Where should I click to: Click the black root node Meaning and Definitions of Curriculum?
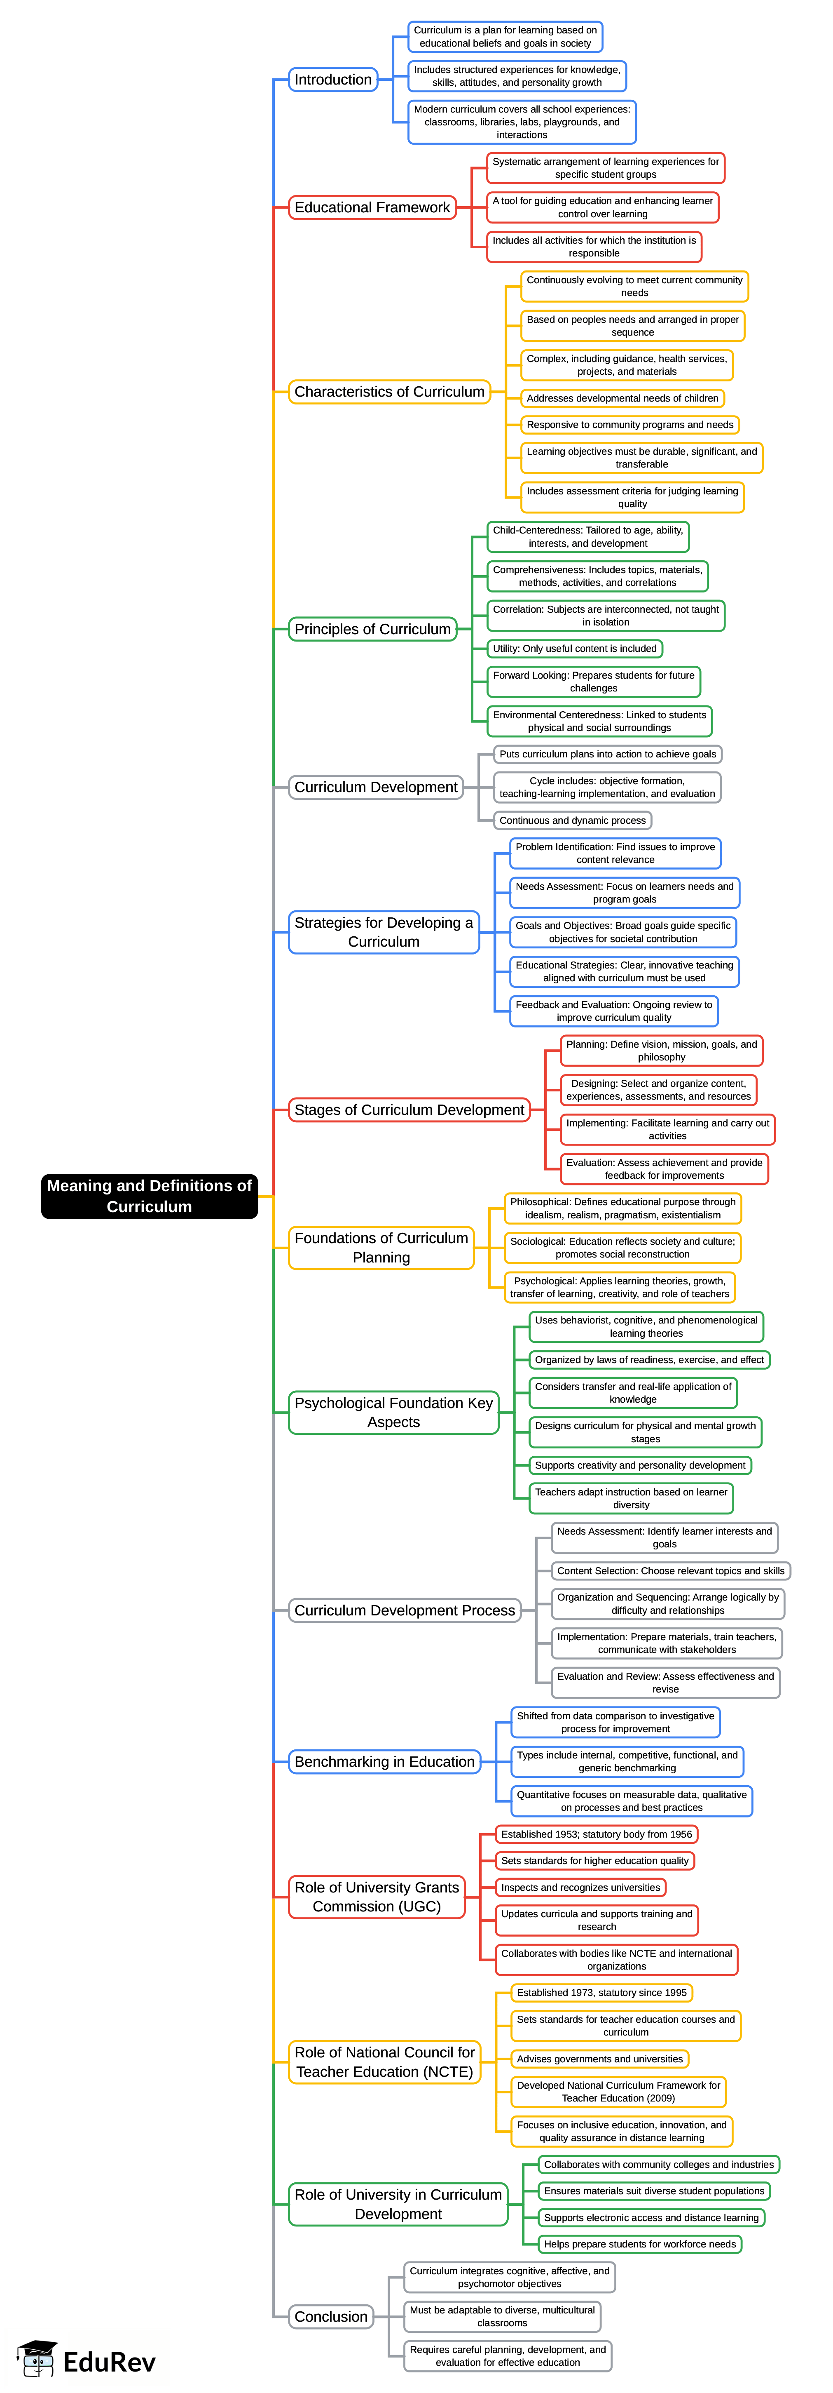tap(149, 1196)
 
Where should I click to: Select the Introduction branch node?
tap(332, 80)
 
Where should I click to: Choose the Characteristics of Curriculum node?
tap(389, 392)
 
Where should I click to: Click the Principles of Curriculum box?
tap(372, 629)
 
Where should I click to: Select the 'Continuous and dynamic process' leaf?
tap(572, 820)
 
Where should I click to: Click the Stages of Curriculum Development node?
tap(409, 1110)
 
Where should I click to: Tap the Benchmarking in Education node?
tap(384, 1761)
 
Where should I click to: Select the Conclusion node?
tap(330, 2317)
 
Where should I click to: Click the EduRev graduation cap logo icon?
tap(37, 2360)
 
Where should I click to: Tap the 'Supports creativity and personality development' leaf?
tap(640, 1465)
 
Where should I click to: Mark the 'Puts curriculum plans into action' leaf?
tap(607, 755)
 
